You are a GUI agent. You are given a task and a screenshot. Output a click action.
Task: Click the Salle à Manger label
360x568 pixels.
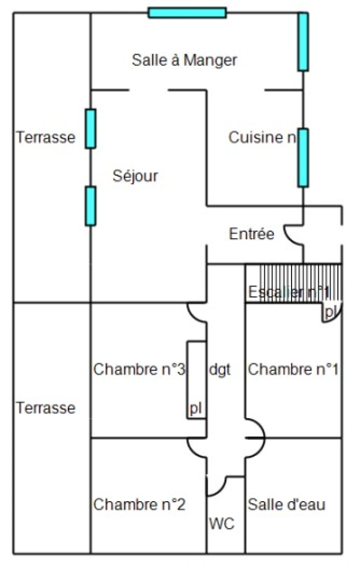point(184,60)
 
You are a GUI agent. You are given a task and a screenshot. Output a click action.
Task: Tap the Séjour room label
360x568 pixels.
point(135,176)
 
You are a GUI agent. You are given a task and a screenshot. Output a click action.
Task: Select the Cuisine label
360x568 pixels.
point(262,138)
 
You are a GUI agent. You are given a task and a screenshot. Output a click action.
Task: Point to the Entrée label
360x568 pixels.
point(252,234)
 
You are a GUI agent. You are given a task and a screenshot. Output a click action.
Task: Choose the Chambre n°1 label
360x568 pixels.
point(293,370)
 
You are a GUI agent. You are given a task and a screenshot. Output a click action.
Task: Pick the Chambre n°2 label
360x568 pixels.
point(139,505)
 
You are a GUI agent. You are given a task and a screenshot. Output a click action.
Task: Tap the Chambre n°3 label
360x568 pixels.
point(139,370)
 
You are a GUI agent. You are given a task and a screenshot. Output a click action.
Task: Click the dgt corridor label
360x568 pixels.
point(219,370)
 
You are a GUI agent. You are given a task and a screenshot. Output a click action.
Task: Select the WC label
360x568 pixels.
point(222,524)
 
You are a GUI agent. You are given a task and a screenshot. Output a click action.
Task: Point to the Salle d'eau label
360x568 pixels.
point(286,505)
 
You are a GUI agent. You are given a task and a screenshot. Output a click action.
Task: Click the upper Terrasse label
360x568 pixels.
point(45,138)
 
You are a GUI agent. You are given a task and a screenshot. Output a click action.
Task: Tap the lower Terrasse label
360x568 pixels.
point(45,408)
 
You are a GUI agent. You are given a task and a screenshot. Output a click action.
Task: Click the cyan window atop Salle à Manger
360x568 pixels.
point(187,13)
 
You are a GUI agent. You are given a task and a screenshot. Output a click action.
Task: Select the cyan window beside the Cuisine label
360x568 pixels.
point(303,157)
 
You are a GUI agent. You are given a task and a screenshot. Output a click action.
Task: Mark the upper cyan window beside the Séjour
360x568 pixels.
point(91,129)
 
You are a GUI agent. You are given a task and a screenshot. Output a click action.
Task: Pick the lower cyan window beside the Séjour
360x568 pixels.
point(91,206)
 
